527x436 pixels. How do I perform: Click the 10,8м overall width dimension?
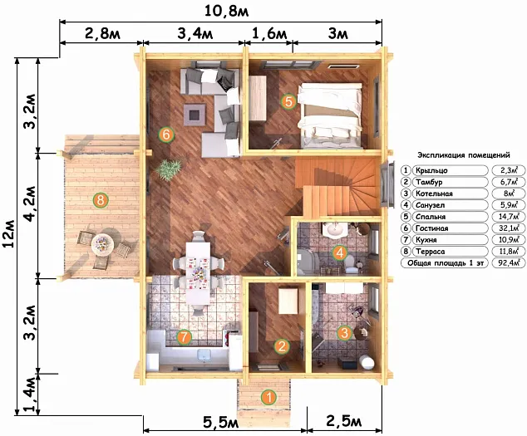coord(227,11)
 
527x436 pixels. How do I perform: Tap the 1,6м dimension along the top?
coord(269,33)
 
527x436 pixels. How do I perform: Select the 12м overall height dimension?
coord(8,233)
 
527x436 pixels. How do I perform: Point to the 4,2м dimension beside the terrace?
coord(30,203)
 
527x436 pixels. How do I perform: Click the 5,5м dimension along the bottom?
coord(221,422)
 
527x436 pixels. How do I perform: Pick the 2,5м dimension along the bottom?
coord(343,420)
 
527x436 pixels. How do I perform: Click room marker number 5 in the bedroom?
coord(288,101)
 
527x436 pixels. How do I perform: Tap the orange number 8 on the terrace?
coord(100,200)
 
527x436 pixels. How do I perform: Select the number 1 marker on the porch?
coord(268,397)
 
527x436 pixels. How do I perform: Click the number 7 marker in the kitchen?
coord(184,337)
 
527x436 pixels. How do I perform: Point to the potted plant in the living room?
coord(169,169)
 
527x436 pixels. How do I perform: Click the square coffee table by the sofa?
coord(195,115)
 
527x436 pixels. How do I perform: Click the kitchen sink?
coord(204,355)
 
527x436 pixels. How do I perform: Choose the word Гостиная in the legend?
coord(432,228)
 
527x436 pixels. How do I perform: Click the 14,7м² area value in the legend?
coord(508,217)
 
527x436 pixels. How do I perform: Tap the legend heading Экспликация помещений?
coord(464,155)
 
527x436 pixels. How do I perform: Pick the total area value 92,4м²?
coord(508,263)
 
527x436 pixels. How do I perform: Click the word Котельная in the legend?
coord(434,194)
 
